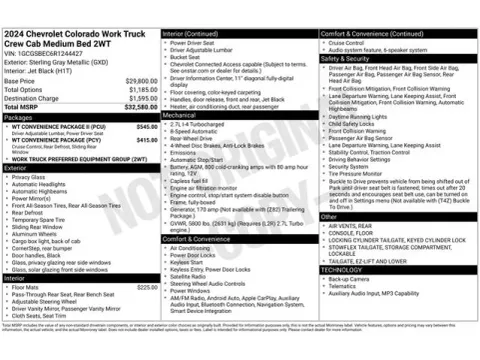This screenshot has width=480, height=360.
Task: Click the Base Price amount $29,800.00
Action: point(142,80)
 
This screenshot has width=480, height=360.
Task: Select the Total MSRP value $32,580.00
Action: point(142,106)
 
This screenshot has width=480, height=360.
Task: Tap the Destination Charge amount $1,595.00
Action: point(142,98)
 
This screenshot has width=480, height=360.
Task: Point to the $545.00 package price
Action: point(147,127)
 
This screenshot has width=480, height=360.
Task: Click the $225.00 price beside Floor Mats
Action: point(147,287)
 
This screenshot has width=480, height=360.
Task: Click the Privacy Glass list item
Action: point(29,177)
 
